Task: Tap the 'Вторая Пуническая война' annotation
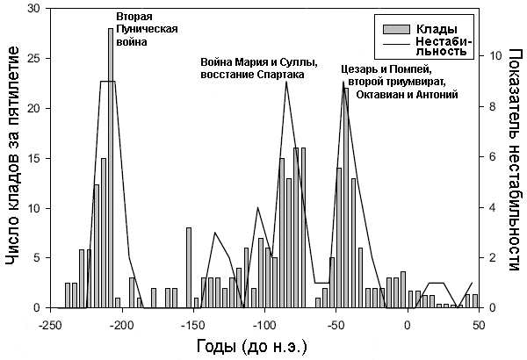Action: [x=147, y=29]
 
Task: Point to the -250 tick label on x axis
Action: [x=50, y=324]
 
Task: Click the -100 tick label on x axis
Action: [x=264, y=324]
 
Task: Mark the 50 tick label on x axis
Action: [x=479, y=324]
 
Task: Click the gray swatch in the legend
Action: [x=391, y=29]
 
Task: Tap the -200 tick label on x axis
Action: [x=121, y=324]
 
